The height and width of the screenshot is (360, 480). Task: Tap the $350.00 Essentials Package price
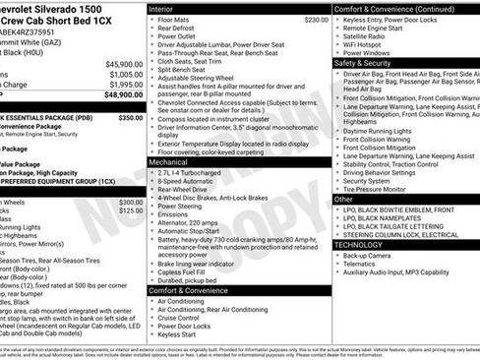click(131, 117)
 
